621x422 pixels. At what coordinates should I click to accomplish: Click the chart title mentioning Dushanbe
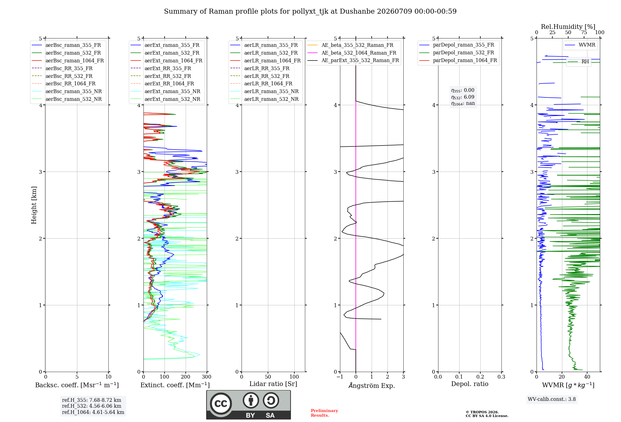pos(310,11)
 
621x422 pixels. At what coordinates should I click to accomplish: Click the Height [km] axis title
pos(34,205)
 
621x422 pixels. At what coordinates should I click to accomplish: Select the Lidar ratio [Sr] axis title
pos(273,384)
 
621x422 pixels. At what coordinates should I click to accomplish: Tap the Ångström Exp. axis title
pos(372,385)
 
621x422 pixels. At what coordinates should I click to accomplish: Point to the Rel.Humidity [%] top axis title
pos(568,27)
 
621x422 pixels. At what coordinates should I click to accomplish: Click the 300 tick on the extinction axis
pos(207,377)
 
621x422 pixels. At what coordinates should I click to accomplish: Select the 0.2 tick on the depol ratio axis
pos(480,377)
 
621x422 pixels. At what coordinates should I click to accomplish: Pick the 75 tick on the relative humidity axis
pos(584,33)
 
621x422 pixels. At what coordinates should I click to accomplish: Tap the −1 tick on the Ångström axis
pos(340,377)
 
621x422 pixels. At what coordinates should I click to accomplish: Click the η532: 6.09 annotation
pos(463,97)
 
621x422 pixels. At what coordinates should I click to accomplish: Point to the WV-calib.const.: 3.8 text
pos(552,399)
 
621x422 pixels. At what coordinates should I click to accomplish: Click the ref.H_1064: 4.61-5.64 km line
pos(93,412)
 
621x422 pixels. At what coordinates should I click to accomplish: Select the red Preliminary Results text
pos(324,413)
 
